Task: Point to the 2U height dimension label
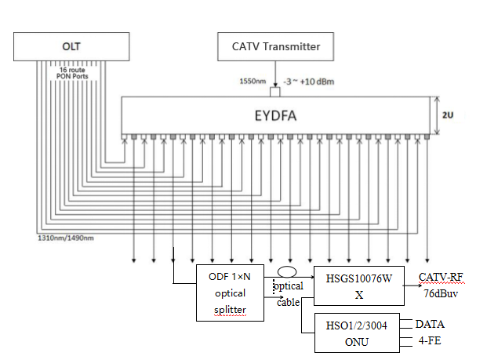coord(448,115)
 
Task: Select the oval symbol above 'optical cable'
coord(285,275)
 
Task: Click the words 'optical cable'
coord(287,295)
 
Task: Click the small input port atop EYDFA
coord(274,88)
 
